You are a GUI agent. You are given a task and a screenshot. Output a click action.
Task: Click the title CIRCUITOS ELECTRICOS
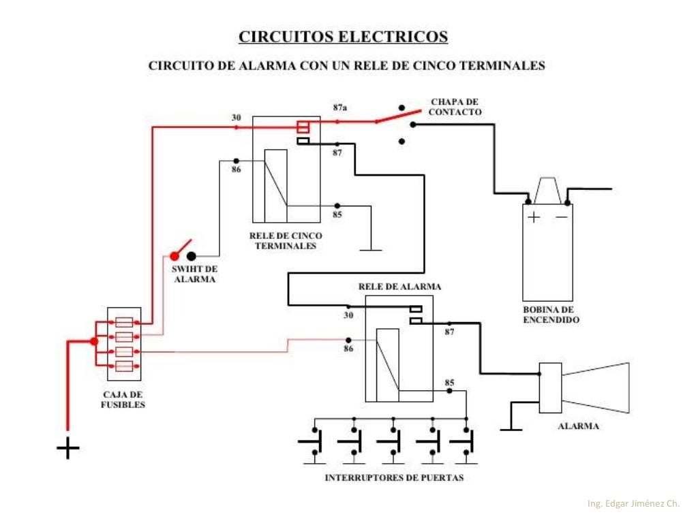[x=343, y=36]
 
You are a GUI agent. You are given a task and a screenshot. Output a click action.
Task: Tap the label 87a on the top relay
[x=339, y=108]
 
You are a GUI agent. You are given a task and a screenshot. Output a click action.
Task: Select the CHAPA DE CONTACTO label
[x=455, y=107]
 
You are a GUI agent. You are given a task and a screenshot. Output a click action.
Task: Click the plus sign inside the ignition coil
[x=533, y=218]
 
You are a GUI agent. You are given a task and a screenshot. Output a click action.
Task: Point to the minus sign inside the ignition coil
[x=561, y=218]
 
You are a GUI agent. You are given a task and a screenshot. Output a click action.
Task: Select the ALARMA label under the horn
[x=578, y=426]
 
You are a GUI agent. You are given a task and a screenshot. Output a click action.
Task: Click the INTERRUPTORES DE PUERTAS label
[x=394, y=477]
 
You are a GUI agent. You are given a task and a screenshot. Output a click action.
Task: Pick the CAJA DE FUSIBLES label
[x=124, y=399]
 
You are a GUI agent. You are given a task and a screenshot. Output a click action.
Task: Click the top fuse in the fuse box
[x=124, y=321]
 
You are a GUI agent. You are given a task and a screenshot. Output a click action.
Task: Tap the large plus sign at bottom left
[x=68, y=448]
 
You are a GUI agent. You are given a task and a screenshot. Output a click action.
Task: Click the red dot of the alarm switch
[x=174, y=257]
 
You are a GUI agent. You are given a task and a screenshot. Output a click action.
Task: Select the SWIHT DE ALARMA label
[x=194, y=274]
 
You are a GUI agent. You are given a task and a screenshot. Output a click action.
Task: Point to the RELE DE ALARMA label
[x=399, y=287]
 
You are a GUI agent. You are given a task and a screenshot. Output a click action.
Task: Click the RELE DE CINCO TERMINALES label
[x=286, y=240]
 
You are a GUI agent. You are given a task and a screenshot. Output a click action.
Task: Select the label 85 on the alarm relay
[x=449, y=382]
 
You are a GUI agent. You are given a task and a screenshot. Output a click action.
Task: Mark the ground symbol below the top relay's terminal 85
[x=371, y=249]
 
